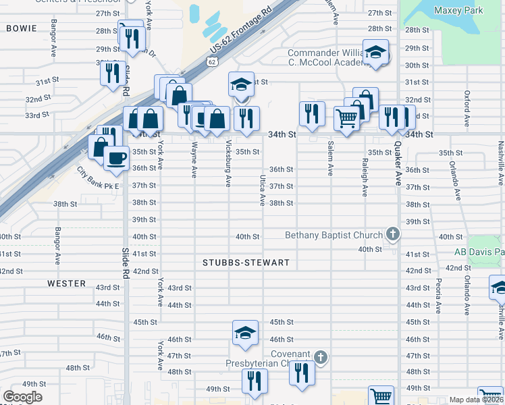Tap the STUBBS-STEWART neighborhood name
246,263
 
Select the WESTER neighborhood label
66,283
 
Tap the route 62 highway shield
212,63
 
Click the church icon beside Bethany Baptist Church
393,235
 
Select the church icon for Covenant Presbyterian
321,356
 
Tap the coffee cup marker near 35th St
116,159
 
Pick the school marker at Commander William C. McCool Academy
375,52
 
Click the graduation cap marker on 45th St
245,332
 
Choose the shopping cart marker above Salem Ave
346,118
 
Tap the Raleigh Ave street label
365,177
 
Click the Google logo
22,397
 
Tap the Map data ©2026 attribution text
477,400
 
